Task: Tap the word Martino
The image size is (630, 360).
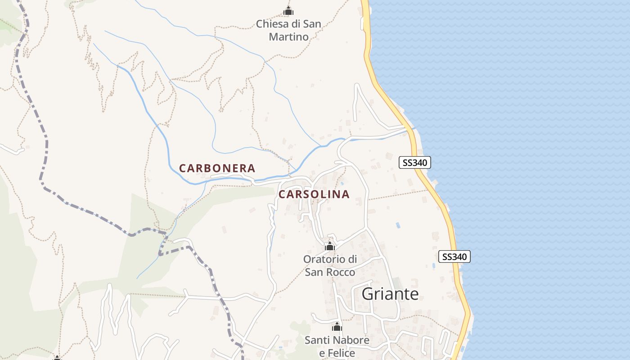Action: point(288,37)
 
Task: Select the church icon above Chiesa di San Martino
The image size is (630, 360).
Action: point(288,11)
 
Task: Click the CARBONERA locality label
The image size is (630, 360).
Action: point(217,168)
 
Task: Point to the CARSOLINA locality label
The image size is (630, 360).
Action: point(314,194)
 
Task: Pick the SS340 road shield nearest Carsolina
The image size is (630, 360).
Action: point(414,162)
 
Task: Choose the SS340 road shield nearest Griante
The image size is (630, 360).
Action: point(454,257)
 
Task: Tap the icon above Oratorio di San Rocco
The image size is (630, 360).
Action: point(330,246)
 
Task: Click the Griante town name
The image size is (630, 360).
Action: point(390,294)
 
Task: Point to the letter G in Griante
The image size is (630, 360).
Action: point(368,294)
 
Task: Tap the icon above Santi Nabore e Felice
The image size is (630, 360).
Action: point(337,327)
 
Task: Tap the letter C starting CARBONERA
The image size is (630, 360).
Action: point(183,169)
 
